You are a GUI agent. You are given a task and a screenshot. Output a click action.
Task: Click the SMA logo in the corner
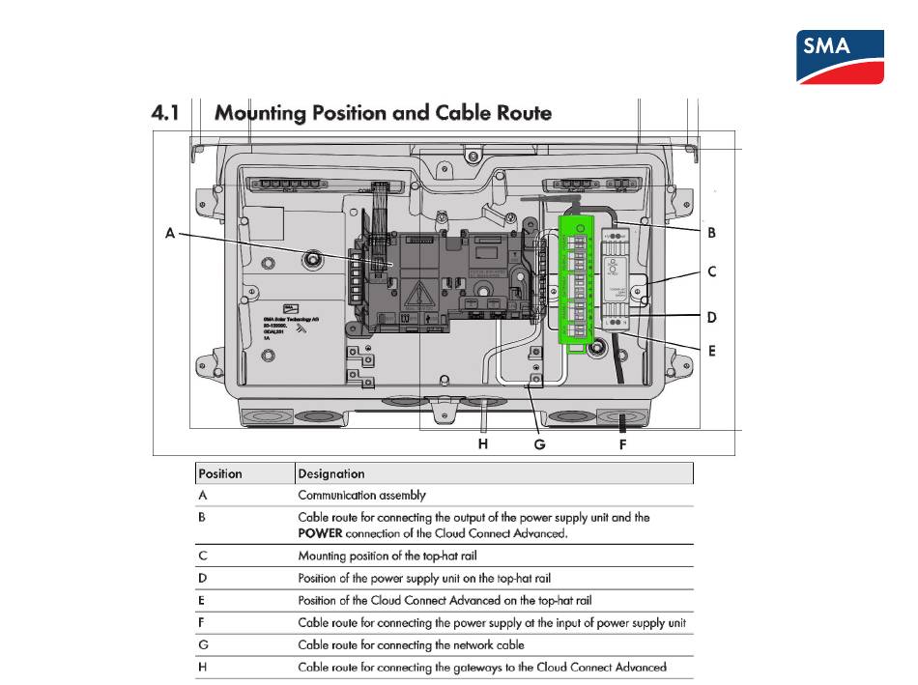pos(839,56)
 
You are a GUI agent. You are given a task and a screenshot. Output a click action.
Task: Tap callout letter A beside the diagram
pos(170,232)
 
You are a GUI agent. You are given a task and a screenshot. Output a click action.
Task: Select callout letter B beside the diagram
pos(710,232)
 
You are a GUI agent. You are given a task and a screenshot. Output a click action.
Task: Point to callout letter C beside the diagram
pos(711,271)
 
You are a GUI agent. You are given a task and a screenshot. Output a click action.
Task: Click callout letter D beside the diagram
pos(711,317)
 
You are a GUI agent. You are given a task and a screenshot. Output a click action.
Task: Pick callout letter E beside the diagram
pos(711,351)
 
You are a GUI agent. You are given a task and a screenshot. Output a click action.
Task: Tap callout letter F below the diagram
pos(622,444)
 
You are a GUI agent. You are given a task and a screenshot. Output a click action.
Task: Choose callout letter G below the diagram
pos(539,444)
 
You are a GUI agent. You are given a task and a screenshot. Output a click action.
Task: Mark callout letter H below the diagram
pos(483,444)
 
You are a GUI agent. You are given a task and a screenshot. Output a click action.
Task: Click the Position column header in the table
pos(220,473)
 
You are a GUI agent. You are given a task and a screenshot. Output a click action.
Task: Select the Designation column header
pos(331,473)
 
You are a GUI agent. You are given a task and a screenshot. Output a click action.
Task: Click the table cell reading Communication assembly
pos(361,495)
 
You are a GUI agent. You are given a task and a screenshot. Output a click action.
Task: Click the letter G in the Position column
pos(203,644)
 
